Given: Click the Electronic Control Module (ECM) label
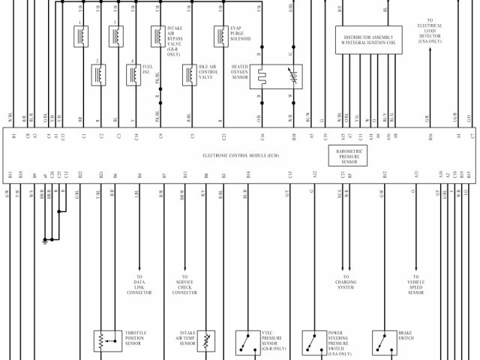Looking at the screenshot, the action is coord(241,155).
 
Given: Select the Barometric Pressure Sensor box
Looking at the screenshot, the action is coord(347,155).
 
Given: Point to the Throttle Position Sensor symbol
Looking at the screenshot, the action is coord(103,341).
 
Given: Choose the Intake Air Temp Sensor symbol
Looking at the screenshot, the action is coord(206,341).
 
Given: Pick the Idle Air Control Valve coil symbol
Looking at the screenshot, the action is coord(190,73).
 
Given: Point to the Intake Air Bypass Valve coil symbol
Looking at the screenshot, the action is coord(157,36).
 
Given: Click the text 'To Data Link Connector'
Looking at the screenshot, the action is coord(139,284).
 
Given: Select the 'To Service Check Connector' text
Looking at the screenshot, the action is coord(184,284).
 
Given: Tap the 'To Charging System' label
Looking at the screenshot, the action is coord(345,284).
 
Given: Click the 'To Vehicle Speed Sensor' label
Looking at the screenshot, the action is coord(416,284).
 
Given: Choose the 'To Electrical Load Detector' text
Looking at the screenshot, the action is coord(430,31).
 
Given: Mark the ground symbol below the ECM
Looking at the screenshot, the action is coord(46,240).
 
